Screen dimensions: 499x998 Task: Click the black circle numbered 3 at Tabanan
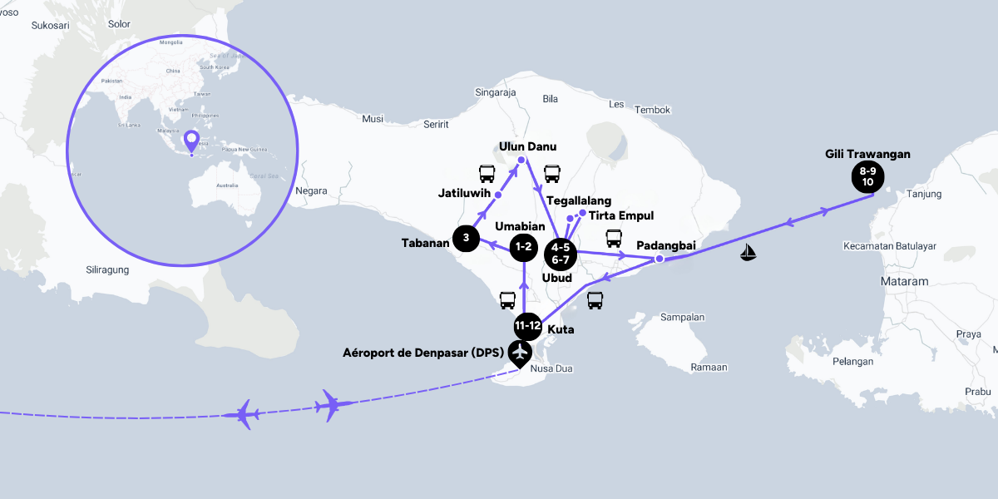[467, 239]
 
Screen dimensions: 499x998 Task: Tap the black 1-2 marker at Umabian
[524, 246]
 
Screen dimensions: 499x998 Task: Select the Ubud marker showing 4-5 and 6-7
[560, 253]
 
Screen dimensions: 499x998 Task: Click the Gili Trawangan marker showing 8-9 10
[867, 175]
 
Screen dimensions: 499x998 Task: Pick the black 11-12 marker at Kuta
[528, 325]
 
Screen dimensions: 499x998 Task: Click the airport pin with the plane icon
[521, 353]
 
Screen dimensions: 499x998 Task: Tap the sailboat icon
[749, 252]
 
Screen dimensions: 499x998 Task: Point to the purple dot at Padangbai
[659, 259]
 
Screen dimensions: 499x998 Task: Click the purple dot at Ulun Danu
[521, 160]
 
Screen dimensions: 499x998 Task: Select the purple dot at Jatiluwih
[498, 195]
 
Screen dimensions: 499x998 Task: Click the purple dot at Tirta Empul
[582, 213]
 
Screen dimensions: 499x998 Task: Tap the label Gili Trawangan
[867, 154]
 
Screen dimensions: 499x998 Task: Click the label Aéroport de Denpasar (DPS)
[422, 353]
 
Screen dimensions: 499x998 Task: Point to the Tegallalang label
[579, 200]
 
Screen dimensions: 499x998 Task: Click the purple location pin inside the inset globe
[191, 141]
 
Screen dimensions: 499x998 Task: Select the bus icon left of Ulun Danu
[487, 174]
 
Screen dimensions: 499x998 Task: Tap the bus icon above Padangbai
[614, 238]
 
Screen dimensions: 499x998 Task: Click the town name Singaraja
[496, 92]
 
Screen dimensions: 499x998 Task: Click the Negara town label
[311, 190]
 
